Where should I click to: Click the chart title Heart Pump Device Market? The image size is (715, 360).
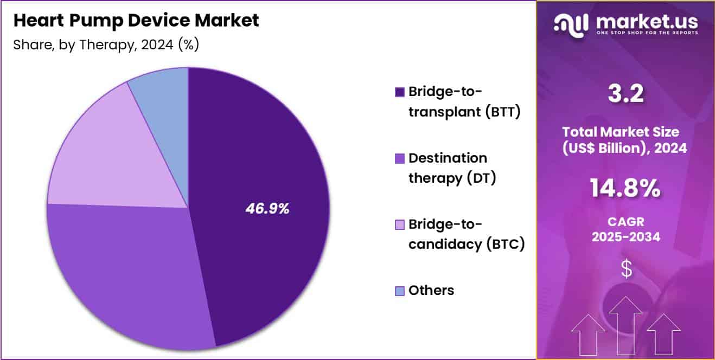(x=136, y=21)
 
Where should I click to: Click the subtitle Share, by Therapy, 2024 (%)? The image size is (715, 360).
(x=106, y=44)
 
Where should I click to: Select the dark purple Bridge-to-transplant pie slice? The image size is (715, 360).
(x=260, y=163)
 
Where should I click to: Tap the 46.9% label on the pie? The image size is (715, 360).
(x=267, y=209)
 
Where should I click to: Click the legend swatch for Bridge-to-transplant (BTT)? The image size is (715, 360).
(x=400, y=92)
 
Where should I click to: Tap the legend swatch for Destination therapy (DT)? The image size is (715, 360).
(x=400, y=159)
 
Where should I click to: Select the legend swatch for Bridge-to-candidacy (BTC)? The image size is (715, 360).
(x=400, y=224)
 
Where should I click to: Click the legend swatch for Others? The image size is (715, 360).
(x=400, y=291)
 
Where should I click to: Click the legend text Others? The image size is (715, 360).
(x=431, y=291)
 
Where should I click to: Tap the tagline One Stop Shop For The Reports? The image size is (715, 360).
(x=647, y=33)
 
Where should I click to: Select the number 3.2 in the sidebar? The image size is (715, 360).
(x=625, y=94)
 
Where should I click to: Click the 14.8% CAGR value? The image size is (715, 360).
(x=625, y=189)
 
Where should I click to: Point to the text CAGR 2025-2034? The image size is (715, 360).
(x=625, y=229)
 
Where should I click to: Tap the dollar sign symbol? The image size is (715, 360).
(x=626, y=269)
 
